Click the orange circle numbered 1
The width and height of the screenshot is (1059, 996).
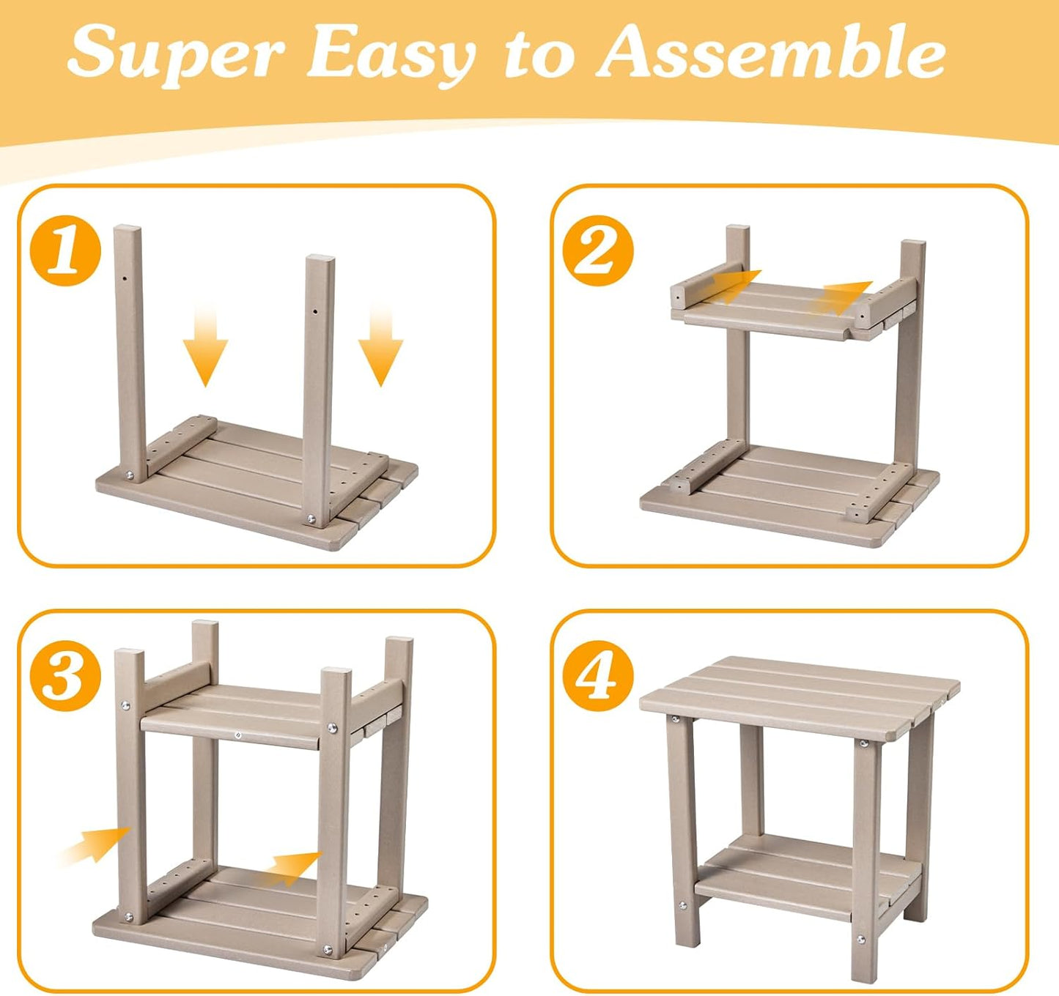[x=66, y=250]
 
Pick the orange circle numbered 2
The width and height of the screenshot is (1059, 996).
[x=598, y=250]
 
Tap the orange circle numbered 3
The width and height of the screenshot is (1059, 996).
[x=66, y=675]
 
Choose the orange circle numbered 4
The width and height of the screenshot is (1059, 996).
[x=598, y=675]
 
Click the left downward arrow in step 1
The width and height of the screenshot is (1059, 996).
[x=205, y=346]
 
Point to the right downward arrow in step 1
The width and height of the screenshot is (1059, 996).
[x=380, y=346]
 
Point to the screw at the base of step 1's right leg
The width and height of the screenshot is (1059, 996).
[x=310, y=518]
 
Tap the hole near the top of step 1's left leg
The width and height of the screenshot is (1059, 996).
[x=124, y=278]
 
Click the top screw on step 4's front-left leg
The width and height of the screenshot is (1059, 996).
[x=676, y=719]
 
